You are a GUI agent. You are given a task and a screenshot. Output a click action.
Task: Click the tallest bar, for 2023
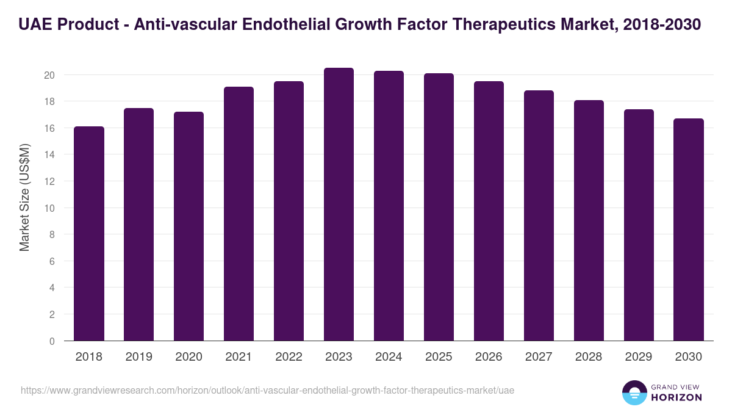tap(339, 204)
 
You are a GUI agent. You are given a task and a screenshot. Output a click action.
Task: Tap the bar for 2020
tap(188, 226)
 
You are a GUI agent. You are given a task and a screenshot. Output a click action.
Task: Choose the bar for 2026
tap(489, 211)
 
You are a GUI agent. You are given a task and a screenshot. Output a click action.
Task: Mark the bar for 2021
tap(239, 214)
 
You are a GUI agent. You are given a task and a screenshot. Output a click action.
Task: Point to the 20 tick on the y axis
tap(49, 75)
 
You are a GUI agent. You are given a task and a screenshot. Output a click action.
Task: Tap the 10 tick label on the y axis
tap(49, 208)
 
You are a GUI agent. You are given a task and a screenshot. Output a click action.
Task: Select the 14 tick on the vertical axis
tap(49, 155)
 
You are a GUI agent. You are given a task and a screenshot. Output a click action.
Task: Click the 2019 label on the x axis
tap(138, 357)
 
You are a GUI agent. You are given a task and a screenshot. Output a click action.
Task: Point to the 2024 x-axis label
tap(389, 357)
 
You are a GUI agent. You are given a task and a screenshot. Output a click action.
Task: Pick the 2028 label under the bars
tap(589, 357)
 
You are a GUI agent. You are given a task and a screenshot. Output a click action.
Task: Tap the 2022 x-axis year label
tap(289, 357)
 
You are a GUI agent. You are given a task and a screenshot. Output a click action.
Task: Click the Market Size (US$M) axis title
tap(24, 197)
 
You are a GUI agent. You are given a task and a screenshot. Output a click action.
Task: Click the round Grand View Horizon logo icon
tap(634, 392)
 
